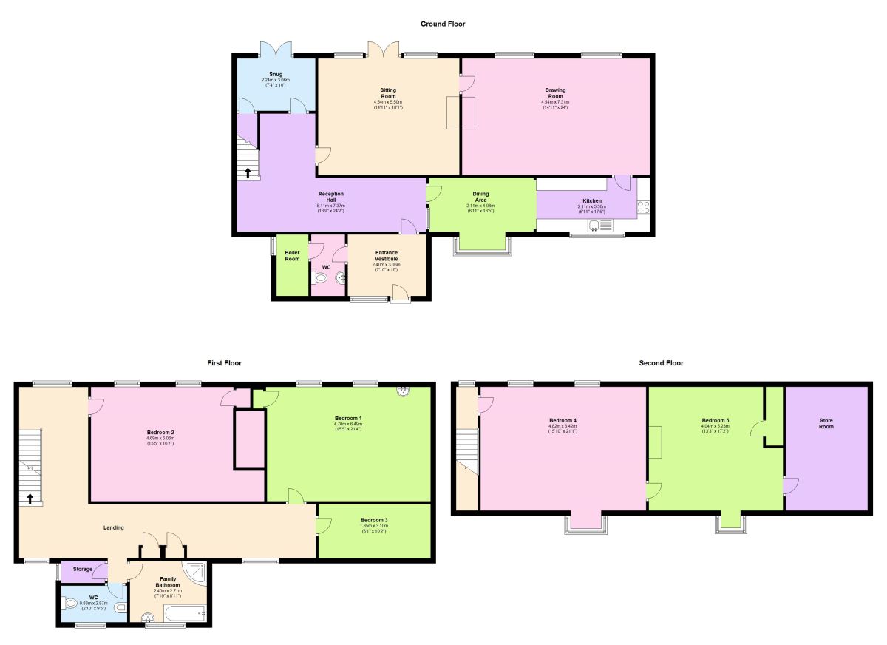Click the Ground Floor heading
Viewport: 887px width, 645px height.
443,24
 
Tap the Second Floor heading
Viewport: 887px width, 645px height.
661,363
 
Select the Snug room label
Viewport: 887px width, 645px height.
276,74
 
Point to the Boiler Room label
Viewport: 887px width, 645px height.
292,256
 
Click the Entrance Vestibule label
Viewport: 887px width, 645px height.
386,256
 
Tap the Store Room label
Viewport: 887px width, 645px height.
826,424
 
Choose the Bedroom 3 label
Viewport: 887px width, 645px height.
374,520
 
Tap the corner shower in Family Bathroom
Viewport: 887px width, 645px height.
198,571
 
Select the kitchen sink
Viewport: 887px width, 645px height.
594,226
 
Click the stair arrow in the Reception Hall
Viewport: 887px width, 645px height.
248,174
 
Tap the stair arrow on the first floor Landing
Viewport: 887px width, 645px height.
30,498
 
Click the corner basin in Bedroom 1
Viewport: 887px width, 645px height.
404,391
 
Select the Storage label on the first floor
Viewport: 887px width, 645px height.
83,569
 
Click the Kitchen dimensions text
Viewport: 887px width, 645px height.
591,212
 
